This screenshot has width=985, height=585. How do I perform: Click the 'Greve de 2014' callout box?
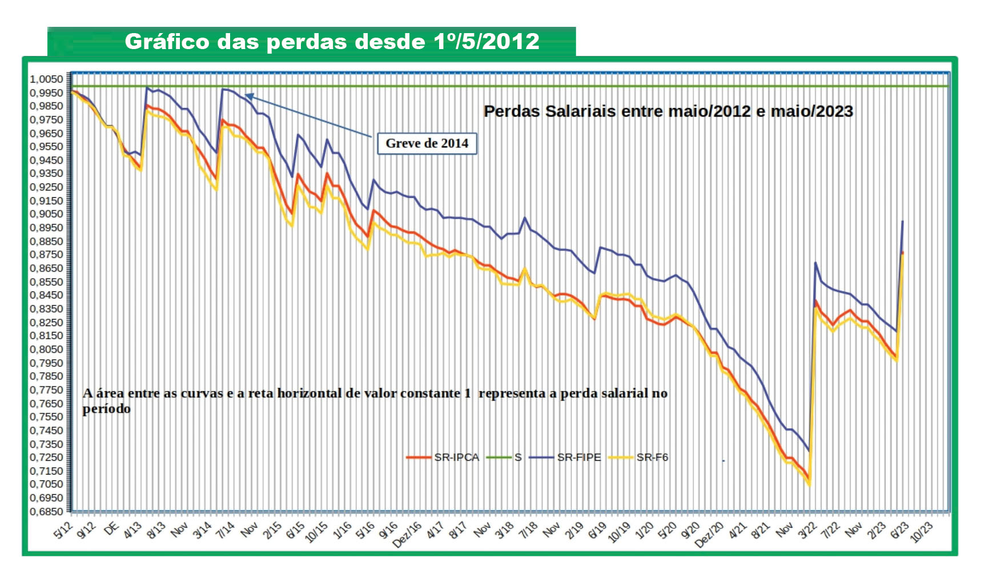point(427,143)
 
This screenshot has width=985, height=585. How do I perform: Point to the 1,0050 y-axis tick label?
point(47,79)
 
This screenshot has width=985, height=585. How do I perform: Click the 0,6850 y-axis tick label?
point(47,511)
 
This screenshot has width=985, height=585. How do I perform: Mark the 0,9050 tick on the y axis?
point(47,214)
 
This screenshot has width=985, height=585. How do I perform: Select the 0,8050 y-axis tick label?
point(47,349)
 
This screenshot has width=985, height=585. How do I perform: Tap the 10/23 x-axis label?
point(921,532)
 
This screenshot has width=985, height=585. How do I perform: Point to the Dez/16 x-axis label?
point(407,535)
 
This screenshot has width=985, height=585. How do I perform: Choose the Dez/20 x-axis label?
point(709,535)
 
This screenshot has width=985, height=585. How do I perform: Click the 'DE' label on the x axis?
point(111,528)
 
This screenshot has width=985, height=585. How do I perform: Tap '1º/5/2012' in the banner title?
point(486,42)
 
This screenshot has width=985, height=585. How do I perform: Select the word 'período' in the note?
point(106,409)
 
